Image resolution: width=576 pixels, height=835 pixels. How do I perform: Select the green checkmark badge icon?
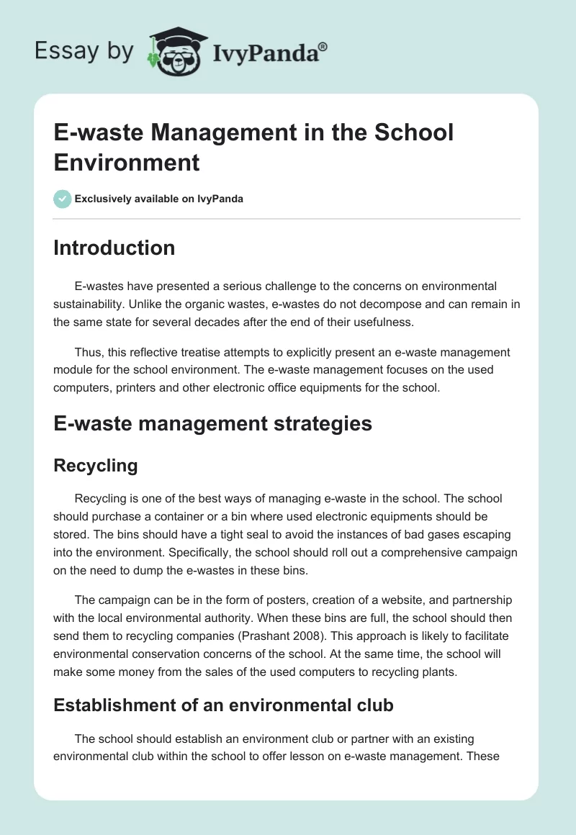click(63, 199)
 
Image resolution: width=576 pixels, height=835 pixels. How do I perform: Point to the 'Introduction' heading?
click(114, 248)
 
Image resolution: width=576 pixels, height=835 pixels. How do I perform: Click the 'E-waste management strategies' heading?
click(212, 423)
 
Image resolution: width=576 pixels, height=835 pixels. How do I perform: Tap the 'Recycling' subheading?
click(96, 465)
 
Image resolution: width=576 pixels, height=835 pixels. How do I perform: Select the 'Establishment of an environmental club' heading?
click(223, 705)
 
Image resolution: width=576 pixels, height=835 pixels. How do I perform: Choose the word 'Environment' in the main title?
click(127, 162)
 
